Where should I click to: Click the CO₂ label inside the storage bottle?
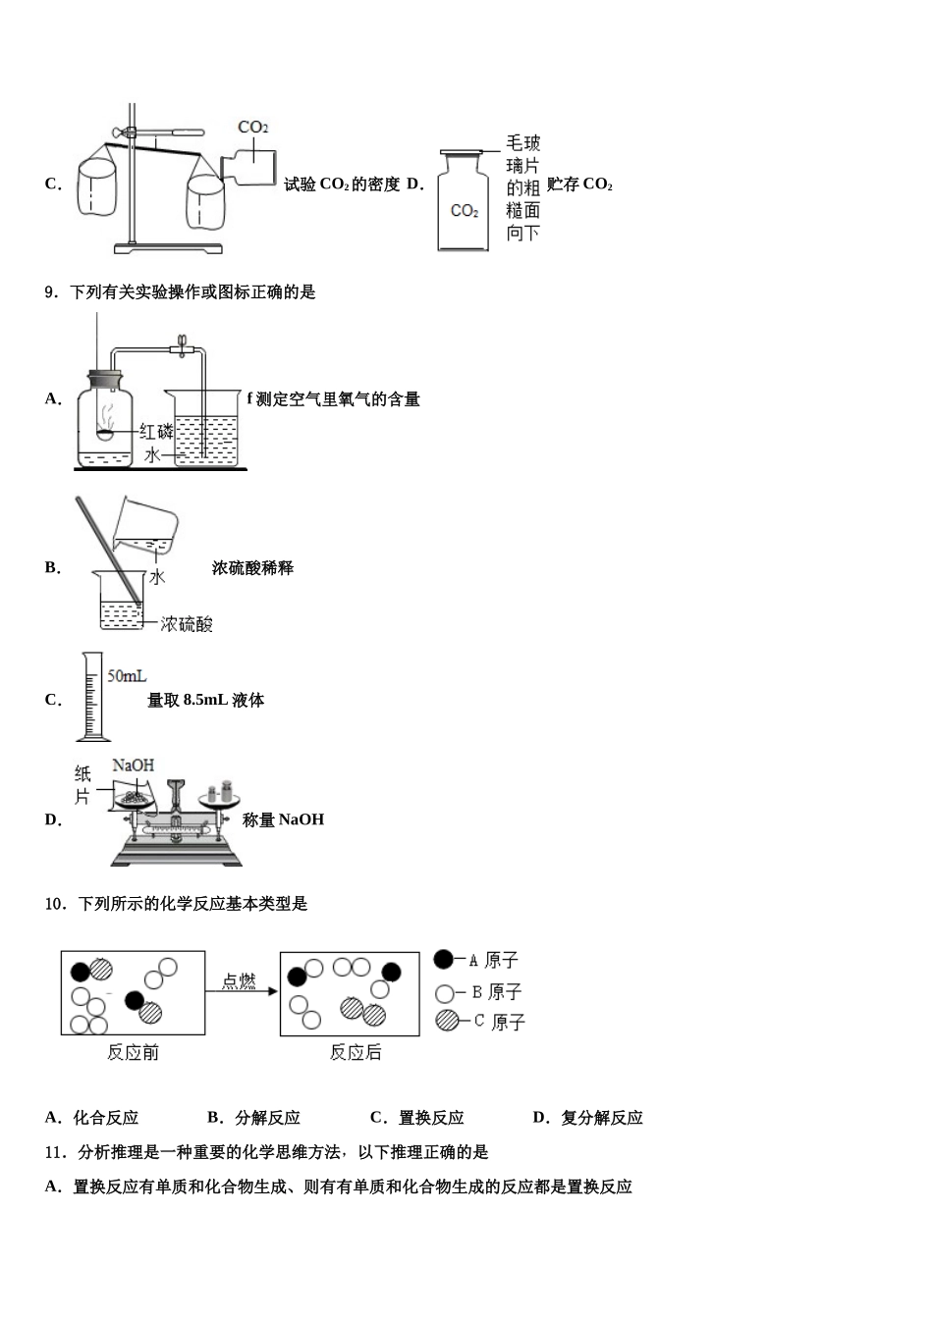click(464, 211)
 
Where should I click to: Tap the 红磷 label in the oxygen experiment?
click(155, 431)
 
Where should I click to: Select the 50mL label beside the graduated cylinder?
click(127, 676)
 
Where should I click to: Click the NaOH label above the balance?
click(133, 765)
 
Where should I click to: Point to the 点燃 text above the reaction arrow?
click(239, 981)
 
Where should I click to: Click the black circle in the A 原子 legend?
click(444, 960)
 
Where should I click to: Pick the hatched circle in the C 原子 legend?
click(447, 1021)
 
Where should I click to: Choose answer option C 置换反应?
click(416, 1117)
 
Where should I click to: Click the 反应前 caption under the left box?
click(133, 1053)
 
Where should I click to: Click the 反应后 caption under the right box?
click(356, 1053)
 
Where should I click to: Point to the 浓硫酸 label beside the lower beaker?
click(187, 624)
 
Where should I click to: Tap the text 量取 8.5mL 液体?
click(205, 700)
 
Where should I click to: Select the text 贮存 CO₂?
click(579, 184)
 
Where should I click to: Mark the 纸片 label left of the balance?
click(82, 785)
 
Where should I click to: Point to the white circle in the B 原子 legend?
click(445, 992)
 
